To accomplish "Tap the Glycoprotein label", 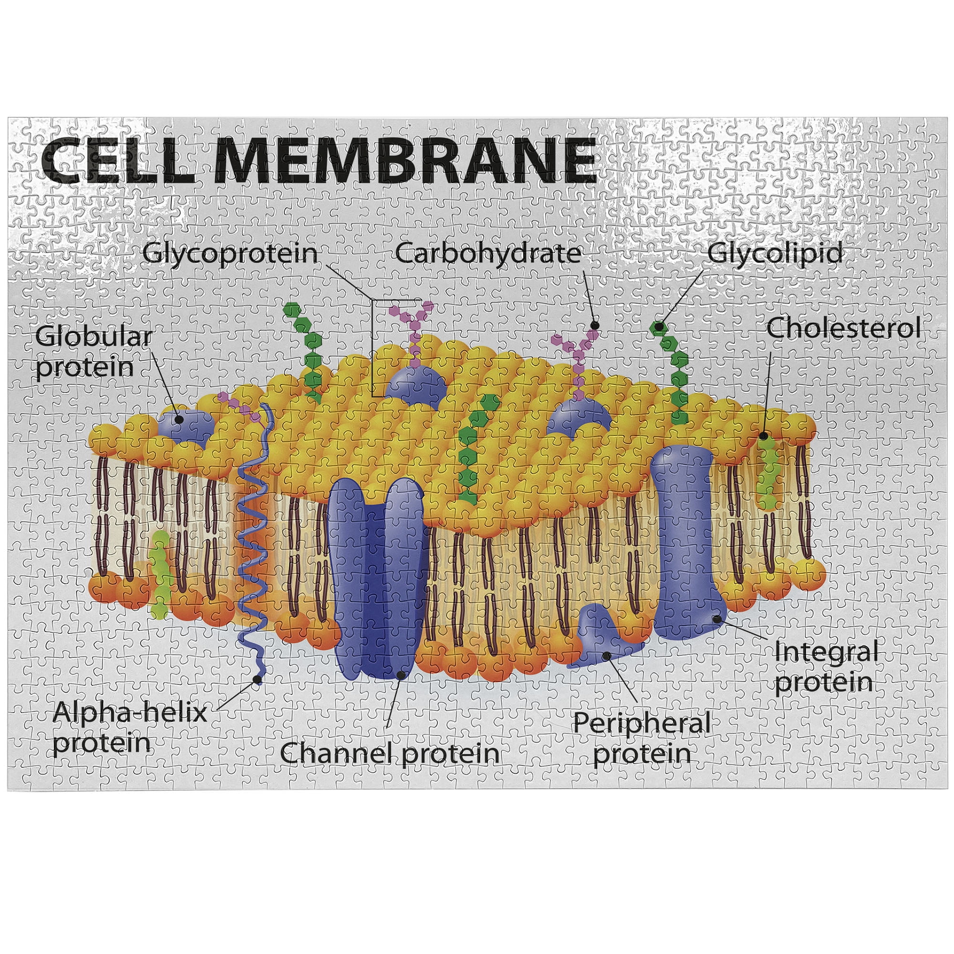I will [x=230, y=254].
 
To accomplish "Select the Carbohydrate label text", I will [x=488, y=254].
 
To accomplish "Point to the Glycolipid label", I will [x=775, y=254].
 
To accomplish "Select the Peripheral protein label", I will [x=642, y=738].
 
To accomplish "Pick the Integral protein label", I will [x=826, y=667].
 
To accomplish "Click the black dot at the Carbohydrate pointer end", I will [x=595, y=325].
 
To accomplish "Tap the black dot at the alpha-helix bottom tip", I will [x=257, y=679].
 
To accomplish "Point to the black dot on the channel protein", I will [x=401, y=674].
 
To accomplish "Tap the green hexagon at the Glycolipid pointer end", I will [x=658, y=326].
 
